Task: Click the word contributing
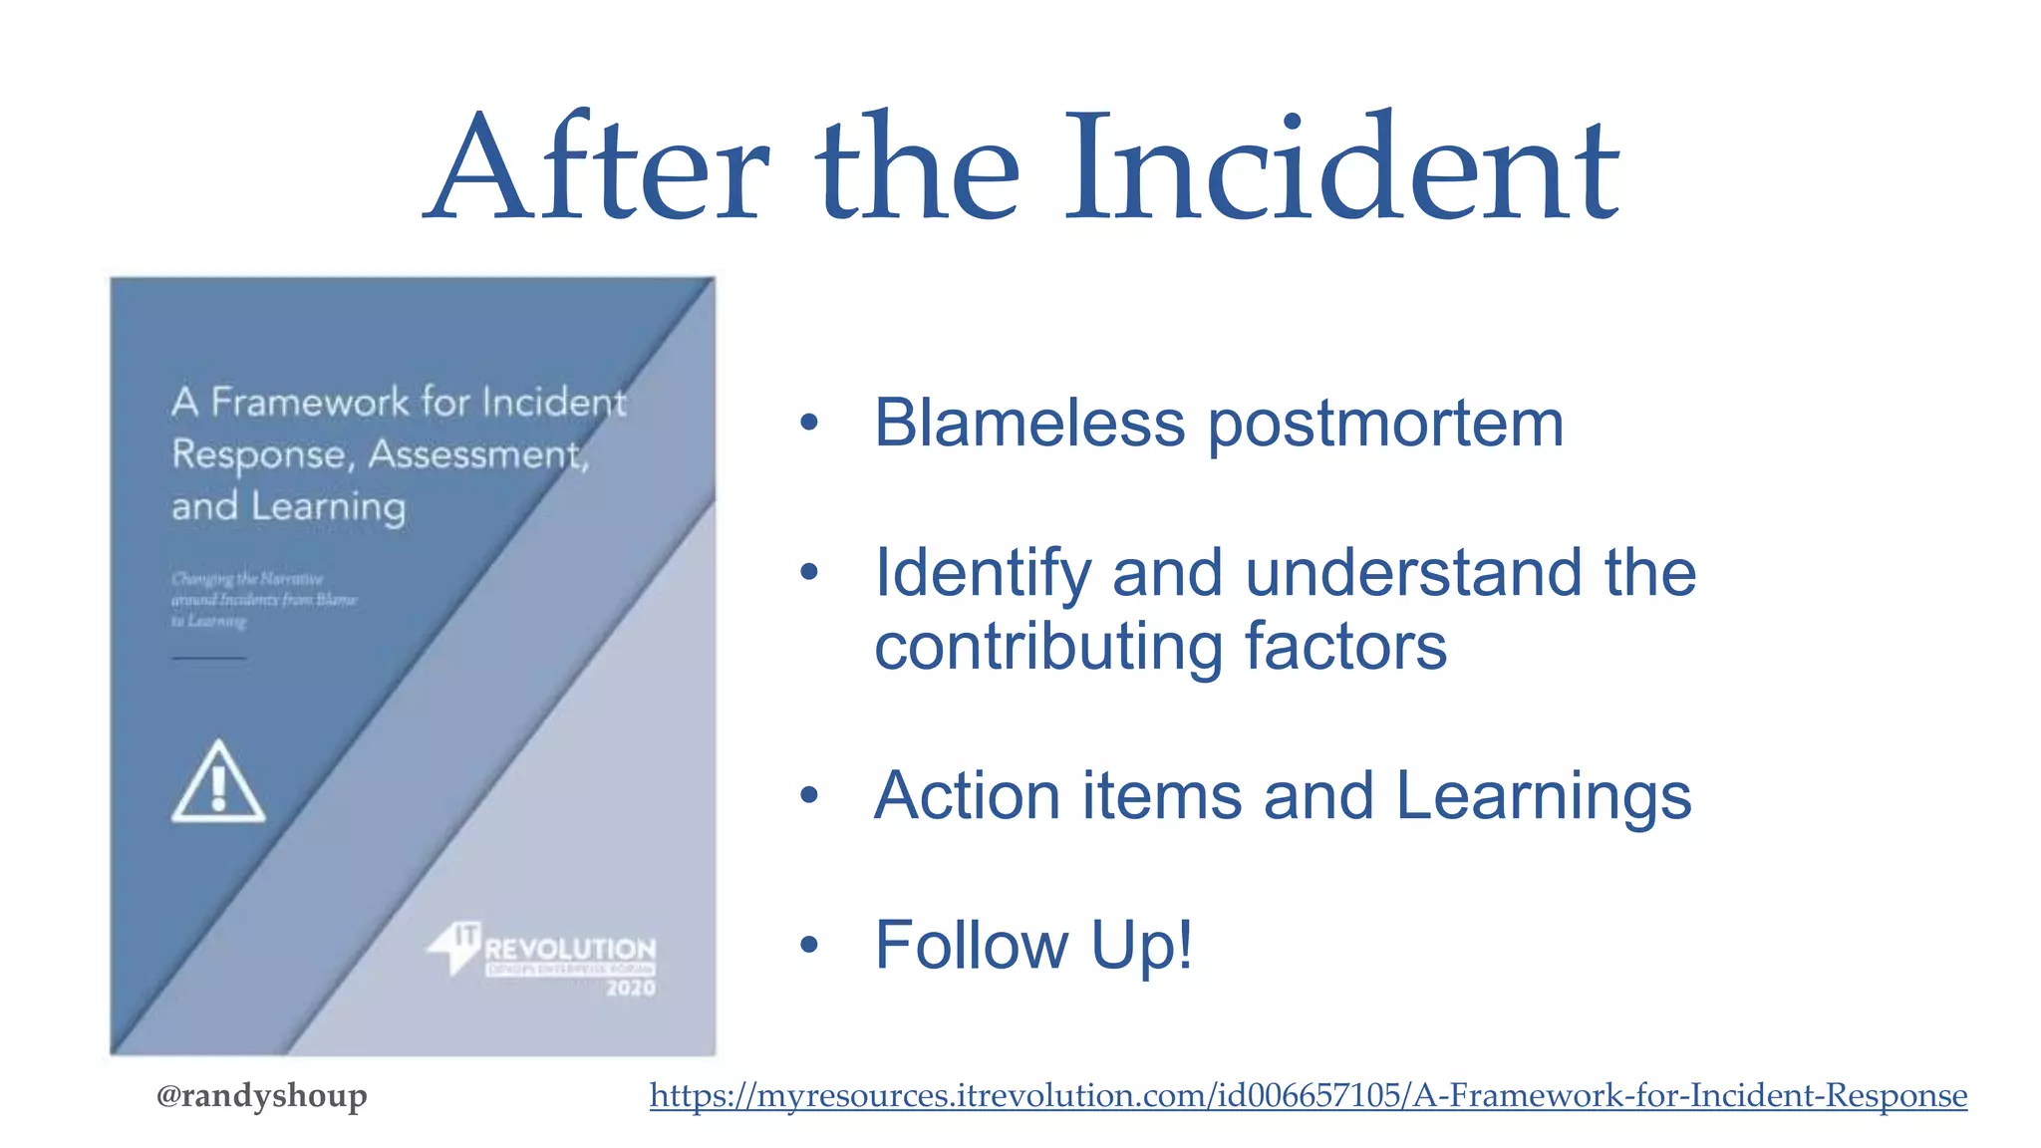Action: (1047, 648)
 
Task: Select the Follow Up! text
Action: (1032, 945)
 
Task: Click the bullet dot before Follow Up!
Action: (808, 945)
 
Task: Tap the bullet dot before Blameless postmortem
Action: (808, 424)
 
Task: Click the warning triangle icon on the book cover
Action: (218, 783)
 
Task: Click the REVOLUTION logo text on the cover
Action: (570, 948)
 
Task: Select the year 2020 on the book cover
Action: (631, 988)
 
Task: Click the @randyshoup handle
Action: (261, 1095)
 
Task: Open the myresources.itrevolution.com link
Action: (1308, 1095)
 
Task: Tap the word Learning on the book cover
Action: (328, 507)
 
